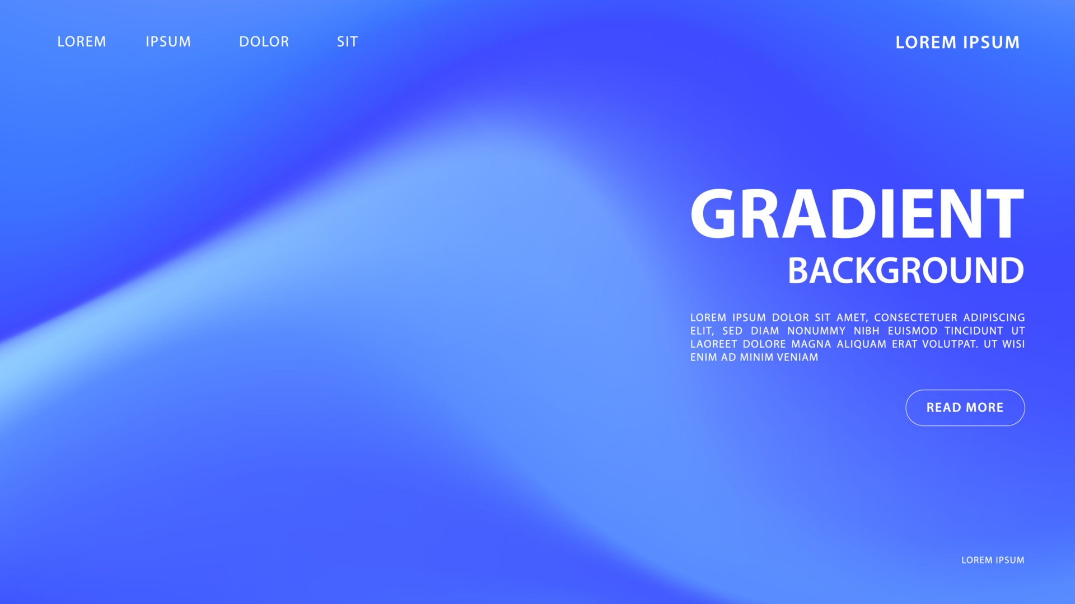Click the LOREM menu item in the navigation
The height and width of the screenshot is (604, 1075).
click(x=82, y=42)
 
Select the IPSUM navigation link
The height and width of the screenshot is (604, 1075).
click(x=169, y=42)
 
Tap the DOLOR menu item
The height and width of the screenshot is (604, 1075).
click(x=264, y=42)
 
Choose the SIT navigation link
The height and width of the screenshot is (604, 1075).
click(x=347, y=42)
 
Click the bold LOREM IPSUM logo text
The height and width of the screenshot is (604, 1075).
click(x=957, y=43)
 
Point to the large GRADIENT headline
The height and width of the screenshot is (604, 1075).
click(x=857, y=214)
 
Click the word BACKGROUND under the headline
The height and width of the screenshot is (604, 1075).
click(x=906, y=271)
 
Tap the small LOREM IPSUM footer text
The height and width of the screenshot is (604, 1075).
click(x=993, y=560)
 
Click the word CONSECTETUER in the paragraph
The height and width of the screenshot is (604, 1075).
click(x=915, y=318)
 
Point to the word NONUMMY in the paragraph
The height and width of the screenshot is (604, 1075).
click(x=816, y=331)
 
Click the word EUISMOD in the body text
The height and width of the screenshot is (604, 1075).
click(x=913, y=331)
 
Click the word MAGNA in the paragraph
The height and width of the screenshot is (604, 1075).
click(x=811, y=344)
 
